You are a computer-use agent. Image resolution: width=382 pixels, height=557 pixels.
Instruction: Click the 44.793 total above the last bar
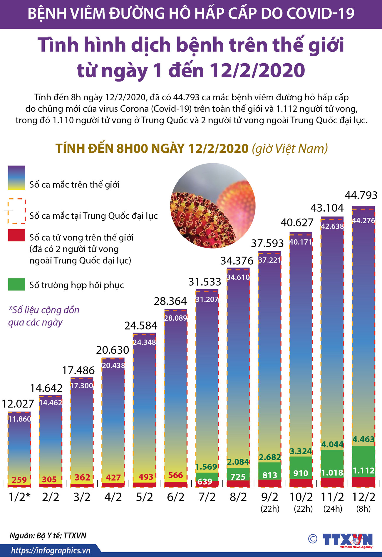pyautogui.click(x=361, y=195)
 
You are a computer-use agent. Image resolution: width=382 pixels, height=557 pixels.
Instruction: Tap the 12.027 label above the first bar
pyautogui.click(x=18, y=404)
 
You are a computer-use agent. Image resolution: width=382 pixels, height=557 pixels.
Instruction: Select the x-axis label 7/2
pyautogui.click(x=207, y=497)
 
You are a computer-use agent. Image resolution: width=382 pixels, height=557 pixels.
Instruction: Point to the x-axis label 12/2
pyautogui.click(x=364, y=497)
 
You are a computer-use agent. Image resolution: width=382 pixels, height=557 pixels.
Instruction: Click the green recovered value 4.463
pyautogui.click(x=363, y=440)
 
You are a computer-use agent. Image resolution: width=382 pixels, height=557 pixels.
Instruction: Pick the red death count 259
pyautogui.click(x=19, y=480)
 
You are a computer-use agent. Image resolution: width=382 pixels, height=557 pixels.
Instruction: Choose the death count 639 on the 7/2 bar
pyautogui.click(x=205, y=482)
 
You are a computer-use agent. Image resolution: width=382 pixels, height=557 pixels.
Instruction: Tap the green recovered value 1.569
pyautogui.click(x=207, y=467)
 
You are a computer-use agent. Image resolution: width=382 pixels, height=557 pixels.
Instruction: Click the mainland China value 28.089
pyautogui.click(x=175, y=318)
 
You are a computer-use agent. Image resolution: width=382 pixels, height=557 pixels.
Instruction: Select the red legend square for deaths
pyautogui.click(x=16, y=235)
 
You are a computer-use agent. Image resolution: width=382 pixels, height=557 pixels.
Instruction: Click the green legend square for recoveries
pyautogui.click(x=16, y=285)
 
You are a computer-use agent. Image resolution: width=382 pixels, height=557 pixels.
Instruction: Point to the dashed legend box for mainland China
pyautogui.click(x=16, y=211)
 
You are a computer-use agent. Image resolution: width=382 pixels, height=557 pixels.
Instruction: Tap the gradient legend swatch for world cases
pyautogui.click(x=16, y=178)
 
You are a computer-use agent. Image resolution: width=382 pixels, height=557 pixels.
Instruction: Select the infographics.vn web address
pyautogui.click(x=51, y=551)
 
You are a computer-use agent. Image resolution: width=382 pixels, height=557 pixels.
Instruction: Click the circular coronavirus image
pyautogui.click(x=213, y=206)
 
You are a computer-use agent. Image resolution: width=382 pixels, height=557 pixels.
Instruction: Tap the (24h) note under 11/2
pyautogui.click(x=333, y=509)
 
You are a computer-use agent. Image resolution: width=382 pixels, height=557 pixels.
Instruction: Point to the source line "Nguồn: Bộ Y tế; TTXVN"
pyautogui.click(x=48, y=535)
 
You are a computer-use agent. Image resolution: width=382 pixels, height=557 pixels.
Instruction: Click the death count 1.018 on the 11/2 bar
pyautogui.click(x=332, y=473)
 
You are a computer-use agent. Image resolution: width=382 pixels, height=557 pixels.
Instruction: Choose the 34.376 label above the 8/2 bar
pyautogui.click(x=237, y=261)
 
